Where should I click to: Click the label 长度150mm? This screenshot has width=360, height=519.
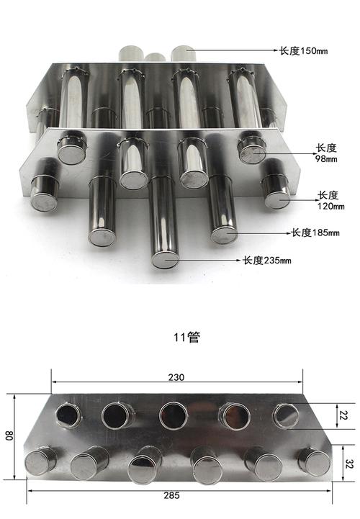click(304, 51)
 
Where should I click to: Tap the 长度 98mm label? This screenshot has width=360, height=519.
click(327, 153)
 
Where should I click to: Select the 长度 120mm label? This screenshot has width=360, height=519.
click(331, 201)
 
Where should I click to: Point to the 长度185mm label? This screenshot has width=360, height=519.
click(315, 233)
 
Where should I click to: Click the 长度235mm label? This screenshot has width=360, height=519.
click(267, 261)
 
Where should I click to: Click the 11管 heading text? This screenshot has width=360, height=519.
click(187, 338)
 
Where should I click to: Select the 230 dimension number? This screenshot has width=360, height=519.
click(176, 377)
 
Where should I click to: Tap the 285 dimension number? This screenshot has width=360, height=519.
click(171, 495)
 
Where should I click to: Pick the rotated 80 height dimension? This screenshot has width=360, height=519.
click(9, 435)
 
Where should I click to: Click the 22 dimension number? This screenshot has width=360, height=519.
click(342, 415)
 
